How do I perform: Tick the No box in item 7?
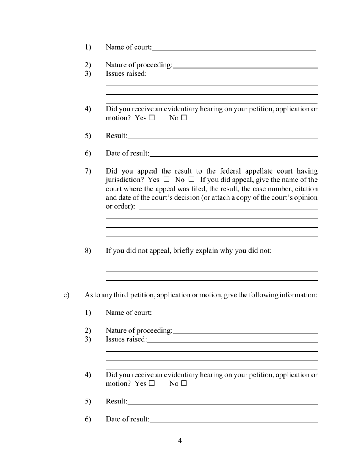click(x=191, y=180)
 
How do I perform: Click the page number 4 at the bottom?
click(x=180, y=441)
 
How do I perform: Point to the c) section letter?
click(x=66, y=295)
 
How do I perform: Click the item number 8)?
click(x=88, y=251)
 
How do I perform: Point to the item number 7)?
click(x=88, y=171)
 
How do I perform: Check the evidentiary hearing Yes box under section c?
click(x=152, y=383)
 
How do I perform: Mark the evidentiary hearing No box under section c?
click(x=184, y=383)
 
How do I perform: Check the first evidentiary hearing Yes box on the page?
click(x=152, y=118)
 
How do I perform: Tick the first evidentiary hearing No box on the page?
click(x=184, y=118)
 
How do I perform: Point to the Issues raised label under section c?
click(x=126, y=339)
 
